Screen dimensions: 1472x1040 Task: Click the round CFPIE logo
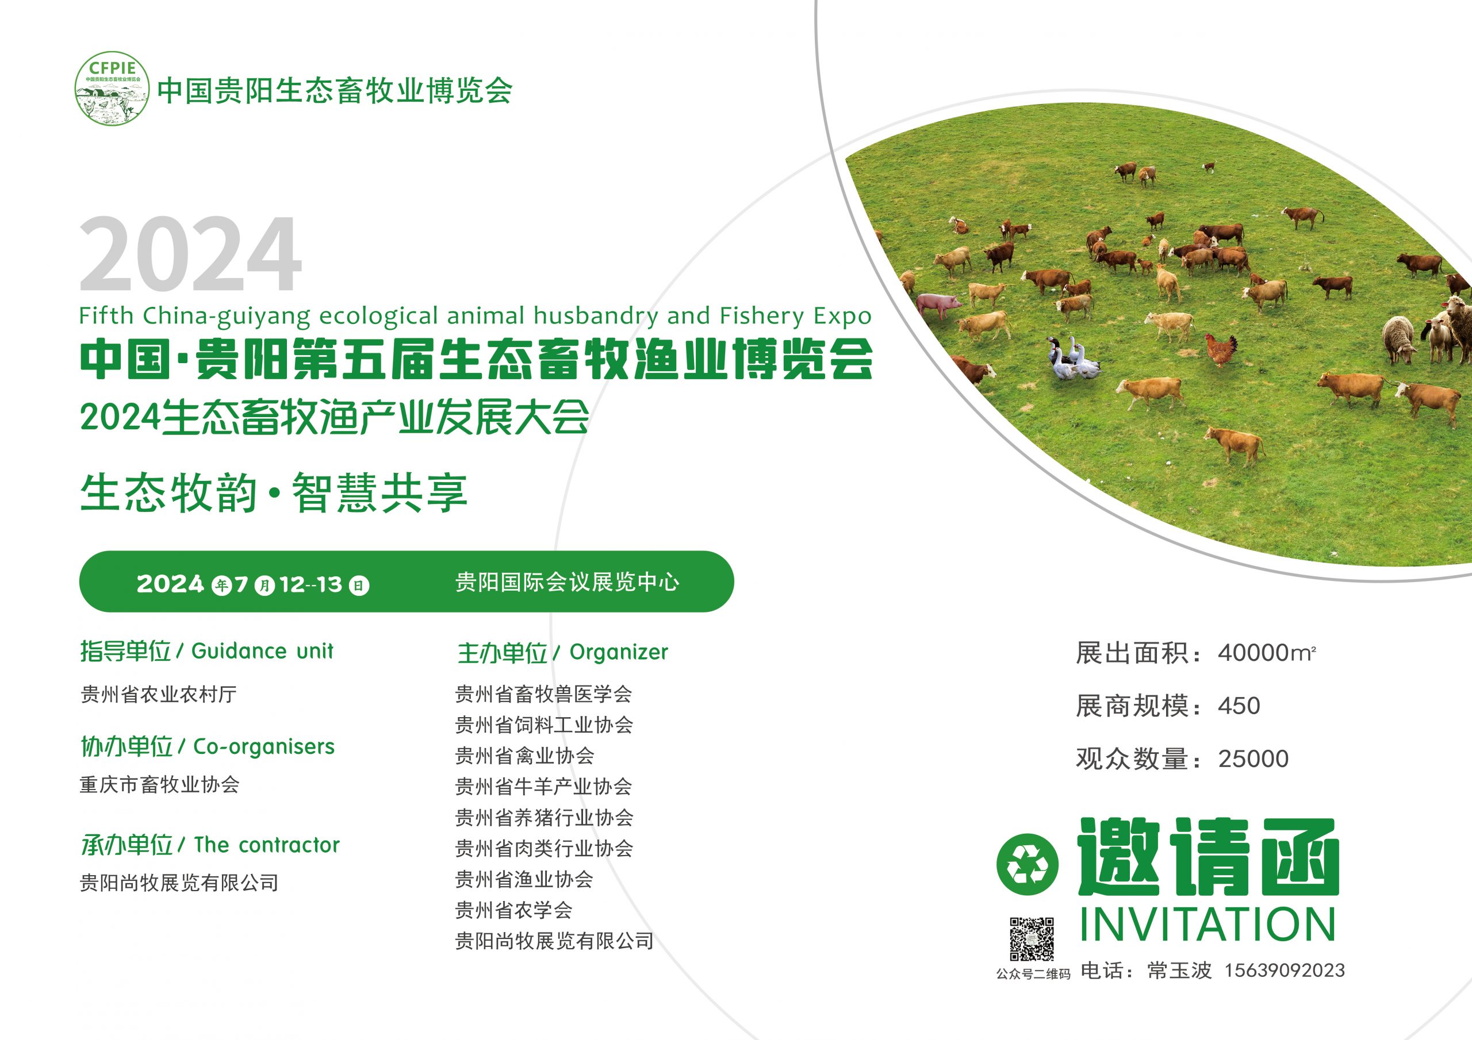click(112, 88)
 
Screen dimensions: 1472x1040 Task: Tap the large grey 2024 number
click(190, 255)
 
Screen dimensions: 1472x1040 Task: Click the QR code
click(1032, 939)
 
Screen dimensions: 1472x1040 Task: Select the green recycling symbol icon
click(1027, 864)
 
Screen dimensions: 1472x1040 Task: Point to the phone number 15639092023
click(1284, 970)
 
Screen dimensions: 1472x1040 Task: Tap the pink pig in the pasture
click(938, 304)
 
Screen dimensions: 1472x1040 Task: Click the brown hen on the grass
click(1221, 350)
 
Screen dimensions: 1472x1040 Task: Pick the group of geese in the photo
click(1072, 360)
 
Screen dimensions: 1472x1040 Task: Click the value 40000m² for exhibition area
click(1266, 653)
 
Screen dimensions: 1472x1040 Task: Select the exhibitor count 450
click(1239, 706)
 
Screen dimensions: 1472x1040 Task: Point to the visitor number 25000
click(1253, 758)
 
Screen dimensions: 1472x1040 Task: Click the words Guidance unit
click(262, 651)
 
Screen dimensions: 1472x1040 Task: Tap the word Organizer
click(619, 652)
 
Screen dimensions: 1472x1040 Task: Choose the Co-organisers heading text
click(263, 746)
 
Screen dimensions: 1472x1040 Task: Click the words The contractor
click(266, 845)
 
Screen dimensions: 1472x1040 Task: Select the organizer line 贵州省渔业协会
click(524, 879)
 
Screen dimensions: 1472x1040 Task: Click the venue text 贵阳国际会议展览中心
click(567, 582)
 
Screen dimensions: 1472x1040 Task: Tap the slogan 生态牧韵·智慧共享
click(274, 493)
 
